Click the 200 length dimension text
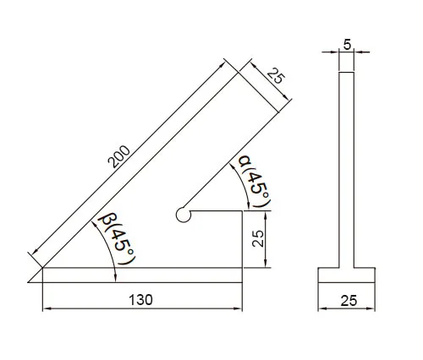(x=119, y=156)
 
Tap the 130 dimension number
(x=140, y=300)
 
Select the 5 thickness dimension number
(x=347, y=45)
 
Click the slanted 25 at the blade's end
(x=276, y=76)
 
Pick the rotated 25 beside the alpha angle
(x=258, y=238)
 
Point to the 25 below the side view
(x=349, y=301)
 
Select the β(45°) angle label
(x=118, y=237)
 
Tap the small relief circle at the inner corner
(x=184, y=215)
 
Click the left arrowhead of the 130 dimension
(x=47, y=308)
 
